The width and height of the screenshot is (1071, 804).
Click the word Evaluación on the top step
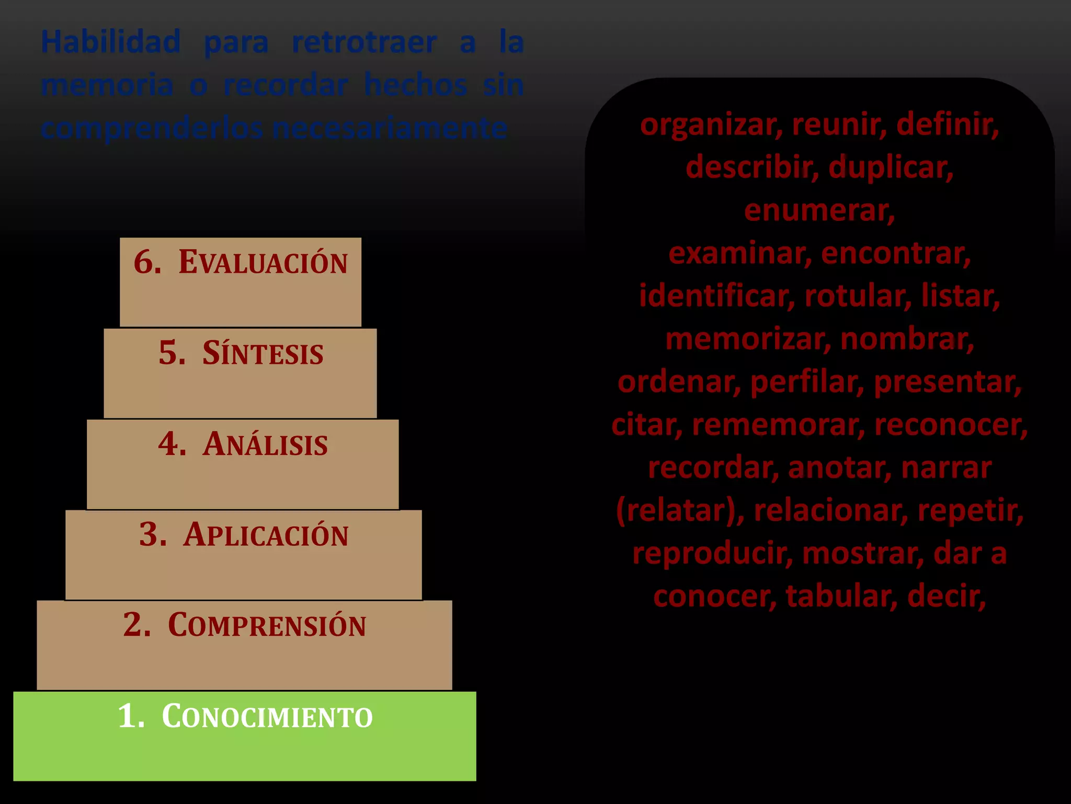click(263, 262)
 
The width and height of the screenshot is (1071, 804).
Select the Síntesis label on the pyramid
click(263, 353)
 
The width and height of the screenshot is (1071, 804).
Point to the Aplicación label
click(266, 535)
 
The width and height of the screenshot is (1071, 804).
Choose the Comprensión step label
click(267, 625)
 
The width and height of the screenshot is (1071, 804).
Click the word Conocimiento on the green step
click(267, 716)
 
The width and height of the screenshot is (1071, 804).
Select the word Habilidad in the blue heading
click(111, 42)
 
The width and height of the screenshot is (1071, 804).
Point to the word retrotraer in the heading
click(364, 42)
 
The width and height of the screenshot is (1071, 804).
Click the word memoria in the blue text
click(107, 85)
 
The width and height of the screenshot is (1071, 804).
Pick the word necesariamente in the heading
click(390, 128)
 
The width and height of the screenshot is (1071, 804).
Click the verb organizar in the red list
click(711, 125)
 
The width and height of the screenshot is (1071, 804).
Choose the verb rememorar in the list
click(778, 425)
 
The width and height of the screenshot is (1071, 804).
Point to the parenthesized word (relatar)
click(680, 510)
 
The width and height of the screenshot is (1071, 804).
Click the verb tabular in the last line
click(841, 596)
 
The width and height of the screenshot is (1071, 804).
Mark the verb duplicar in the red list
click(891, 167)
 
